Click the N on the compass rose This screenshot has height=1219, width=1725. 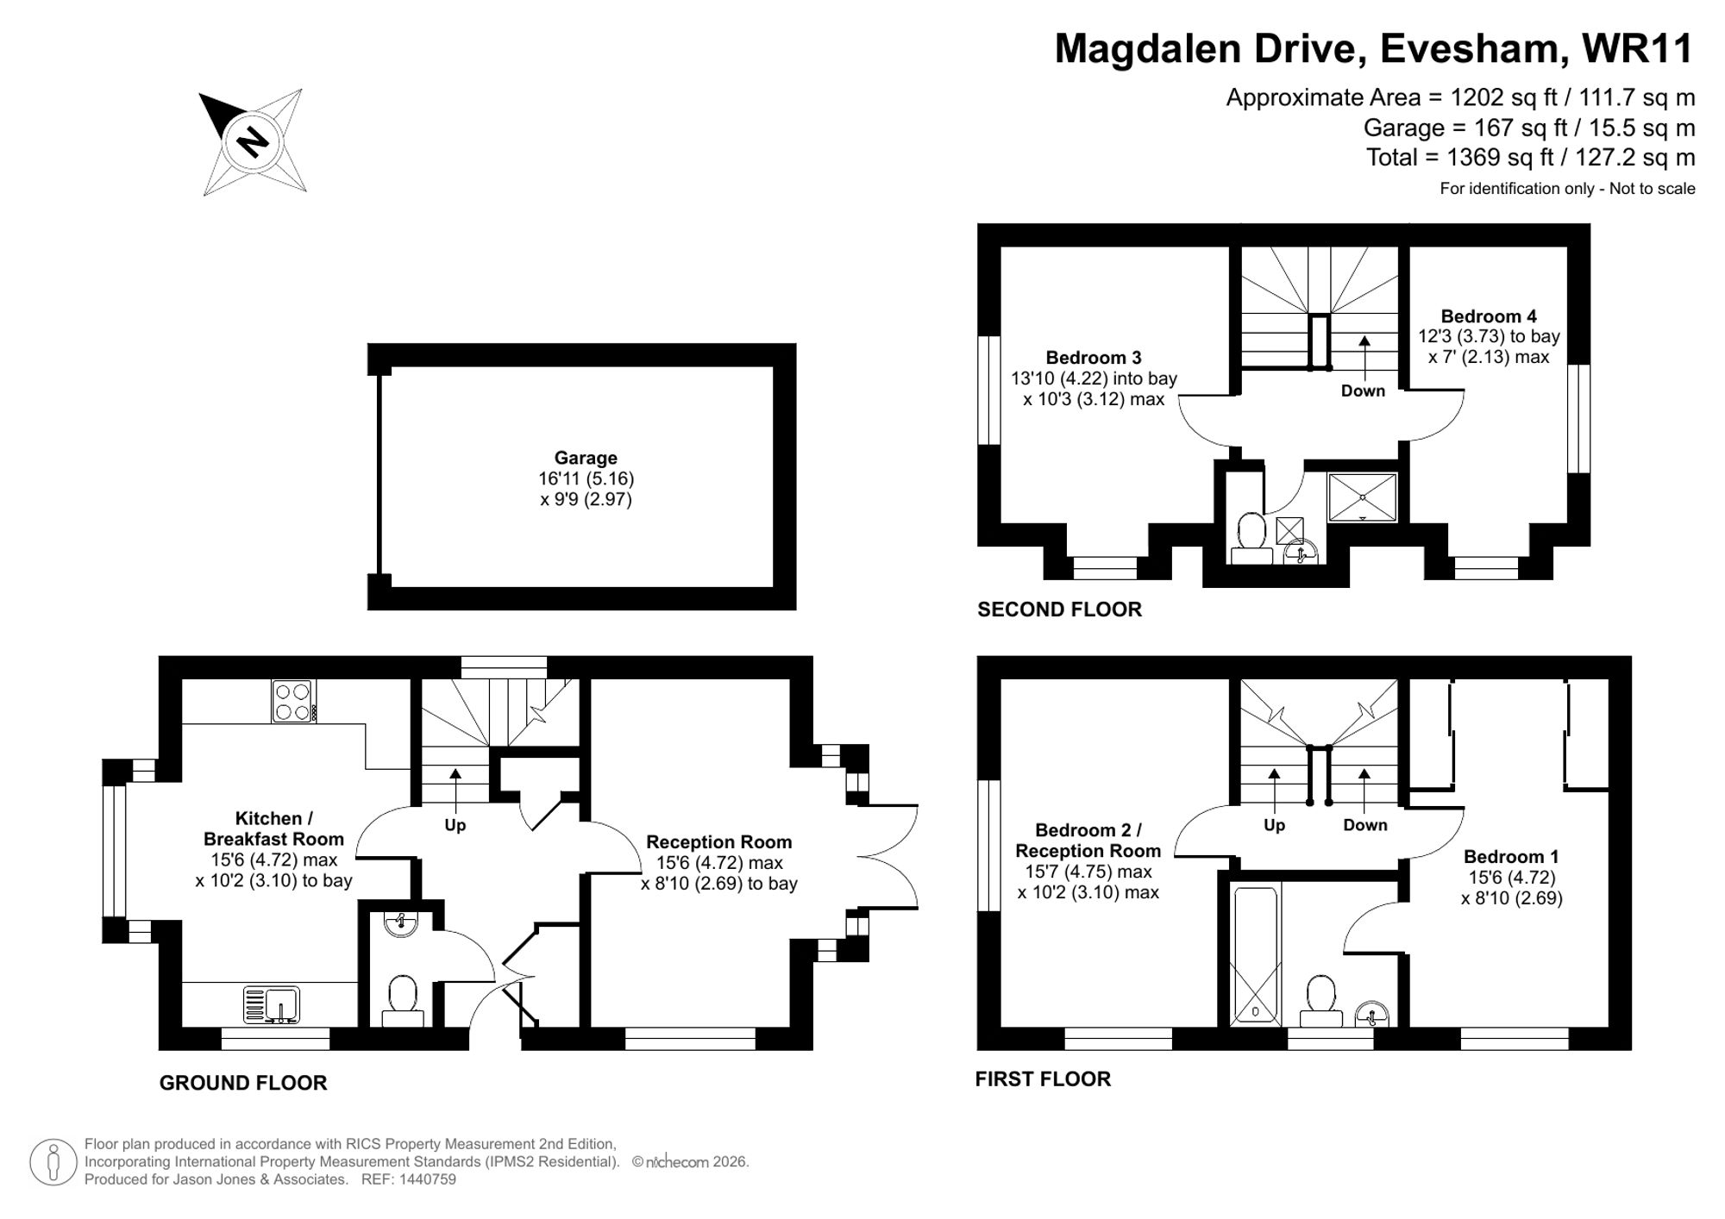point(253,141)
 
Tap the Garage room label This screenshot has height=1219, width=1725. point(586,459)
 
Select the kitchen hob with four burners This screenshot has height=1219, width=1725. point(293,701)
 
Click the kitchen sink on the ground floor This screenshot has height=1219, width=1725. point(272,1005)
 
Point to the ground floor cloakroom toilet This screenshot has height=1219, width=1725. point(403,1000)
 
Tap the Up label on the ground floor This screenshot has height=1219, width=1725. point(455,825)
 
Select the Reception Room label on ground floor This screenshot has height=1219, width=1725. point(718,842)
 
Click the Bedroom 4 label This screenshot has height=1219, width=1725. point(1488,316)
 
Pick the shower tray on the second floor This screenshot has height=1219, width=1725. point(1362,497)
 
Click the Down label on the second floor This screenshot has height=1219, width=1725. point(1363,391)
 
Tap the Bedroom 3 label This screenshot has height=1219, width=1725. point(1093,358)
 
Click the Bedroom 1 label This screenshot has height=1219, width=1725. point(1510,857)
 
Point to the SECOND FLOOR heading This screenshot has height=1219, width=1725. point(1059,609)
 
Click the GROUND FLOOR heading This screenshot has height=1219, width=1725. point(243,1083)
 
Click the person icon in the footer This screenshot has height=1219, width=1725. point(53,1162)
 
